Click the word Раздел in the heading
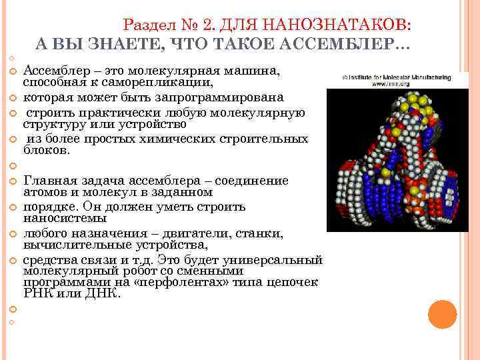coord(146,25)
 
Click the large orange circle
coord(442,314)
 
